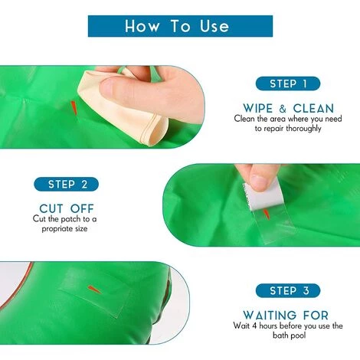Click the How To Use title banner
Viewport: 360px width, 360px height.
(180, 26)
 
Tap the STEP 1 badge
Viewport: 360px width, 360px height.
(288, 83)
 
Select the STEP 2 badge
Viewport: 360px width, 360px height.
(66, 184)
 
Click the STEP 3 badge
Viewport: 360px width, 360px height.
(288, 290)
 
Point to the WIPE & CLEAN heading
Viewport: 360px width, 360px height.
(288, 108)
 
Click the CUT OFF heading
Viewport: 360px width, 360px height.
(67, 208)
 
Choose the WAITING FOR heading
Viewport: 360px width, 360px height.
(286, 315)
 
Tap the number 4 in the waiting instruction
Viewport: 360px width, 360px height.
(254, 326)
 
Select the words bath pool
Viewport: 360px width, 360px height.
(289, 335)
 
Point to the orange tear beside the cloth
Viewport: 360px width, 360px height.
(74, 107)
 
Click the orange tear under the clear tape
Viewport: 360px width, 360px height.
(267, 214)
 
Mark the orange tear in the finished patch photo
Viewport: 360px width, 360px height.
(95, 290)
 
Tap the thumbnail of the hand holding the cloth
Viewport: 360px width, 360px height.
(106, 87)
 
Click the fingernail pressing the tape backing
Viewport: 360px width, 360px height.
(258, 182)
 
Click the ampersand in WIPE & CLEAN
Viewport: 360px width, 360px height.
(283, 109)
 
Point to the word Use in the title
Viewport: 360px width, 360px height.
(214, 26)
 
